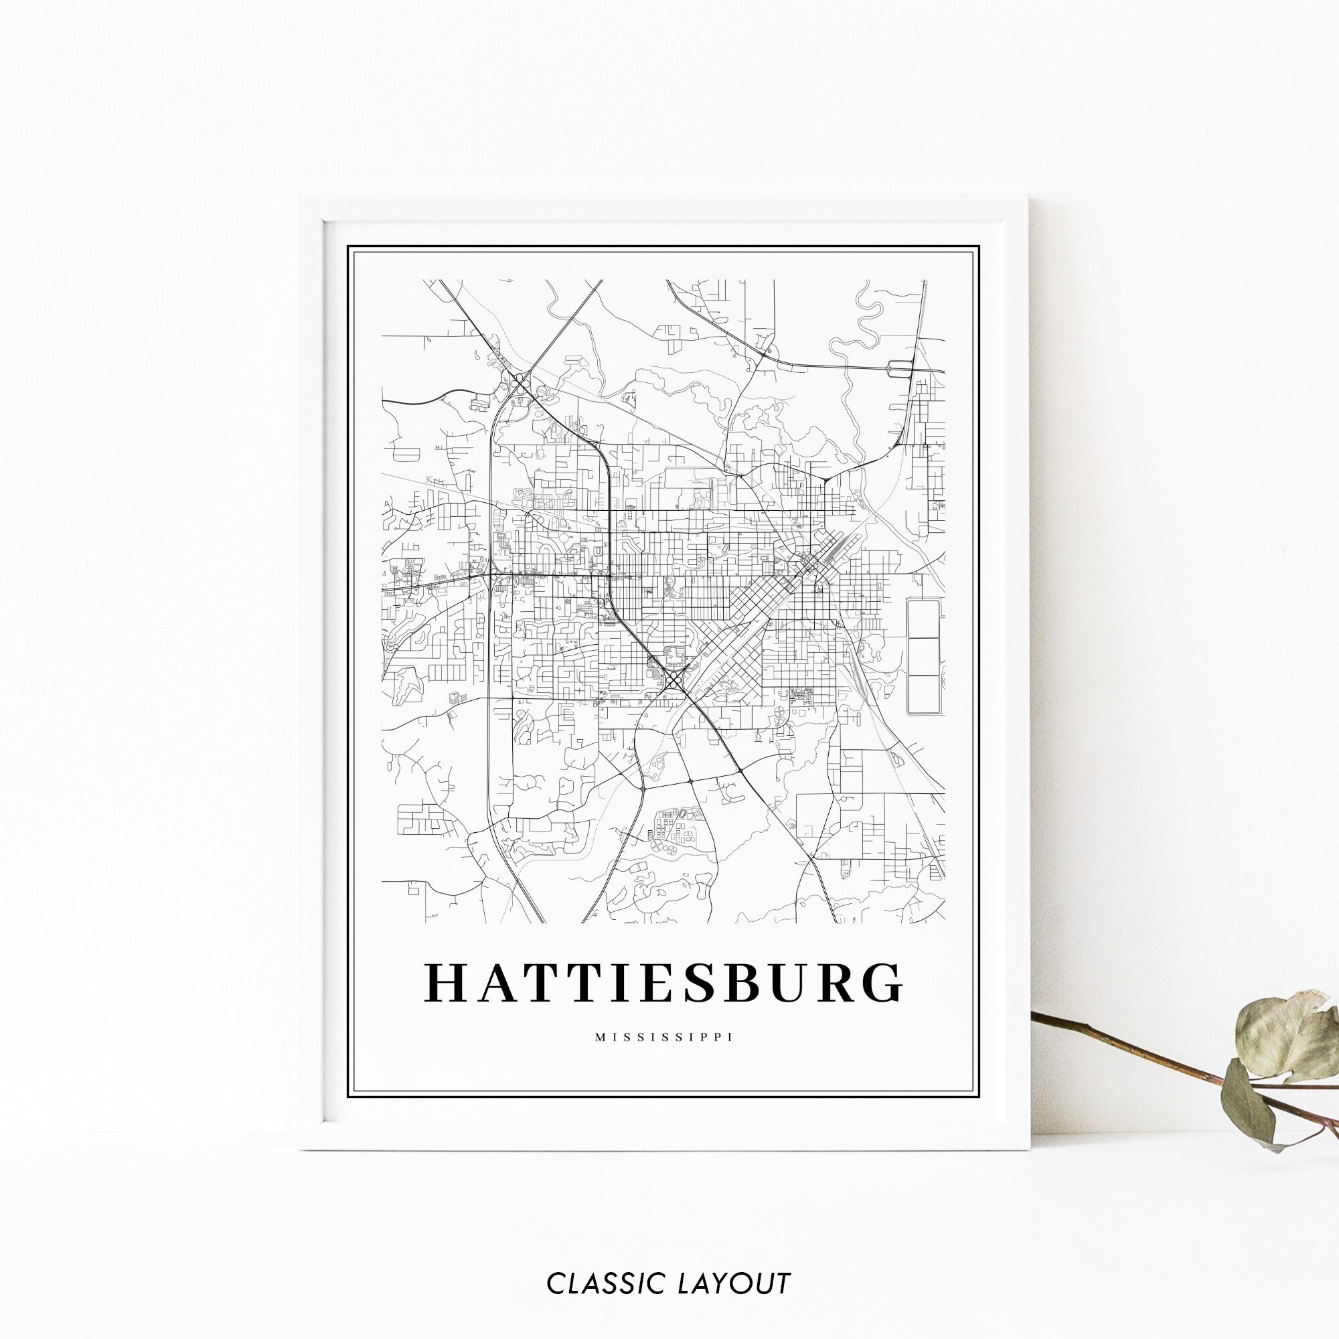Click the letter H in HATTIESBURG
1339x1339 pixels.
click(x=447, y=983)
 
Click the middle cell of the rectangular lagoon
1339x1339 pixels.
click(x=923, y=656)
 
